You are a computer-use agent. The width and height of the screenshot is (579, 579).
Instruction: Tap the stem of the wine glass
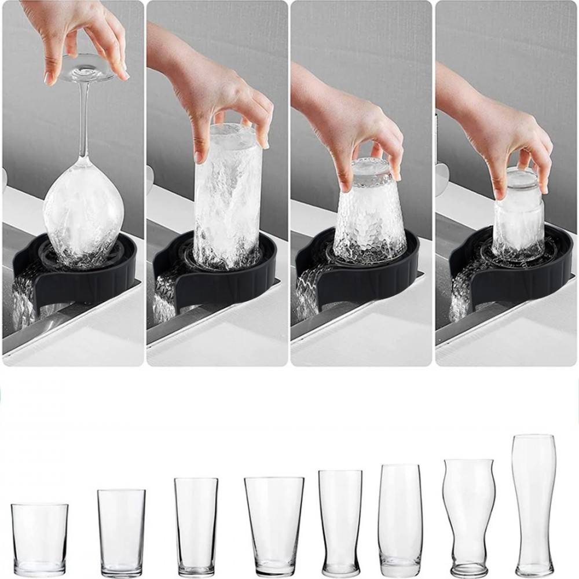[83, 122]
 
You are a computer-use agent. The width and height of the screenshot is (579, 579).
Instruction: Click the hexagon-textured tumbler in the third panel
[369, 214]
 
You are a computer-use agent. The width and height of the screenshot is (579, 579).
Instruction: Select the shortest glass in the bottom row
[39, 538]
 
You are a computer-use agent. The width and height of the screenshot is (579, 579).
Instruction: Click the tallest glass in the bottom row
[534, 504]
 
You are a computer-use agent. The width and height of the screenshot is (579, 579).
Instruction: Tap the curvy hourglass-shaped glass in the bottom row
[468, 515]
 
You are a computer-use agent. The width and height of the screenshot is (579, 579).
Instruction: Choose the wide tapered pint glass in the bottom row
[274, 524]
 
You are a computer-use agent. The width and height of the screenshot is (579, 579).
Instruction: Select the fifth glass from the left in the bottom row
[340, 521]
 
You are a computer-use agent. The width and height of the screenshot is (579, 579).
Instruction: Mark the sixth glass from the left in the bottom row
[400, 518]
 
